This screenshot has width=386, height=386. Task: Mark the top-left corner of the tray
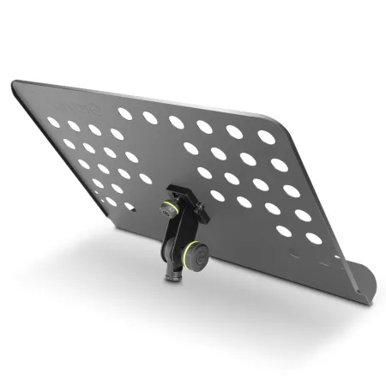14,84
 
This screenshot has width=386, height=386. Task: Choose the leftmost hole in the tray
54,123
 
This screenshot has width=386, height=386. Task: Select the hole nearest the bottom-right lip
313,238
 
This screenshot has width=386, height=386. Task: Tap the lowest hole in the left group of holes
130,207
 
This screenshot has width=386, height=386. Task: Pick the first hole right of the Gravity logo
125,113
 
